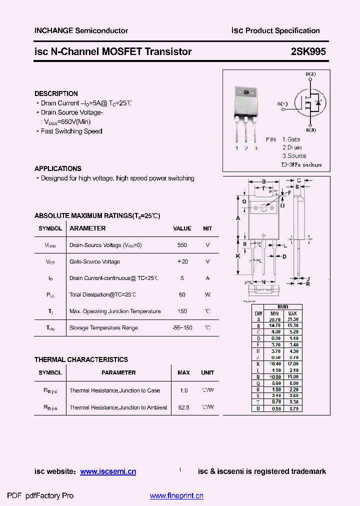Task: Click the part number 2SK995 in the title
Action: click(308, 51)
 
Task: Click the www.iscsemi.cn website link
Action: click(108, 471)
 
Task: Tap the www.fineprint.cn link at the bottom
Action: click(176, 496)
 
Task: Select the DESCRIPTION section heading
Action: click(56, 93)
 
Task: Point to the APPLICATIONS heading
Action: click(58, 168)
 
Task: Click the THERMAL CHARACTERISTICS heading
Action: click(81, 359)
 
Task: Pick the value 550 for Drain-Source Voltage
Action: click(182, 245)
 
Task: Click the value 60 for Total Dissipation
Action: click(182, 294)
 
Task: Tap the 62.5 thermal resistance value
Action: click(184, 407)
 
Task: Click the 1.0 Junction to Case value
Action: click(183, 390)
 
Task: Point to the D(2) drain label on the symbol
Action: click(310, 74)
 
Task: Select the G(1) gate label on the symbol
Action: click(282, 104)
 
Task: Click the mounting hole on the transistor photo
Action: click(246, 92)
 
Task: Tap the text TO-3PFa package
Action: click(301, 164)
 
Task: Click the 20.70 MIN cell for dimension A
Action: click(273, 319)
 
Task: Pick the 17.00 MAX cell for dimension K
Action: click(292, 364)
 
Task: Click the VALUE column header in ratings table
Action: click(182, 228)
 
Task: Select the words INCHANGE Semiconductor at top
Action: click(81, 30)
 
